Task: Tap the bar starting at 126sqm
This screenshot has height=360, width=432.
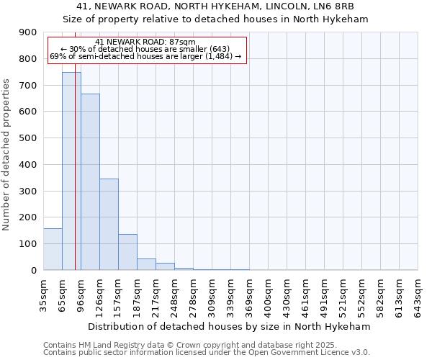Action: [x=109, y=224]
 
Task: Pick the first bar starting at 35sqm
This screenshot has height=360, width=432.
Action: [x=53, y=249]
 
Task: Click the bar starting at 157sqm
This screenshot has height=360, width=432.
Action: [x=127, y=252]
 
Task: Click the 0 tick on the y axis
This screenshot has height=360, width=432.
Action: [x=35, y=270]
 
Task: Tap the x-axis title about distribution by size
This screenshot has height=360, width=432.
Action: [x=230, y=326]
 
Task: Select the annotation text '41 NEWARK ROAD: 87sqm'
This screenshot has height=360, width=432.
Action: [x=145, y=42]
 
